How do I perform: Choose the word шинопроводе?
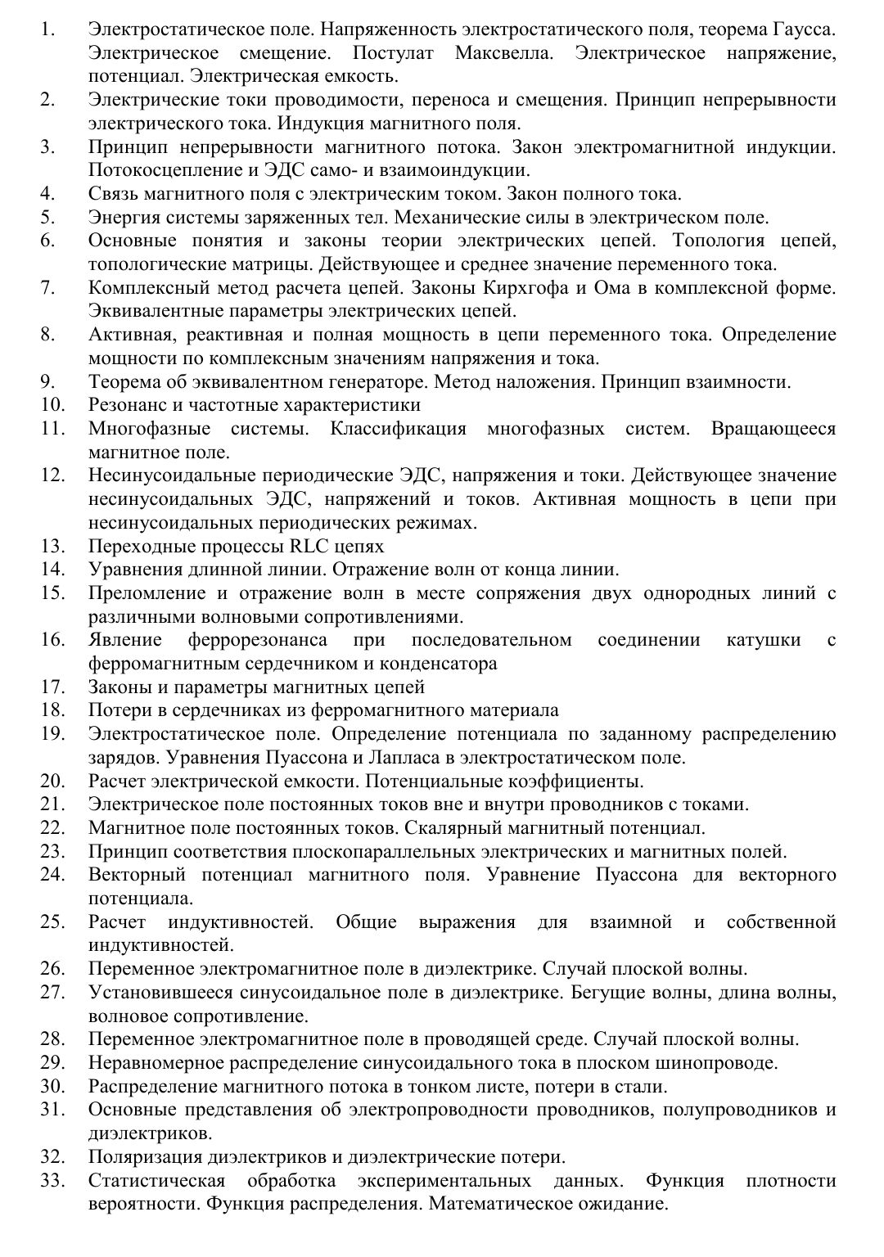click(717, 1063)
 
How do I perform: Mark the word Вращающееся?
click(773, 429)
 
